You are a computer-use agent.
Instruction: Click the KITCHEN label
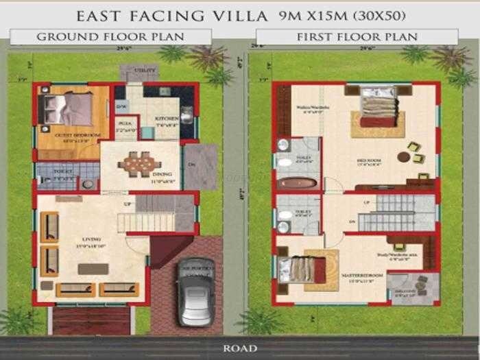166,119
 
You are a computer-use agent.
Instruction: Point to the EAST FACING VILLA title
165,14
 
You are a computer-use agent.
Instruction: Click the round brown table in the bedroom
405,157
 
